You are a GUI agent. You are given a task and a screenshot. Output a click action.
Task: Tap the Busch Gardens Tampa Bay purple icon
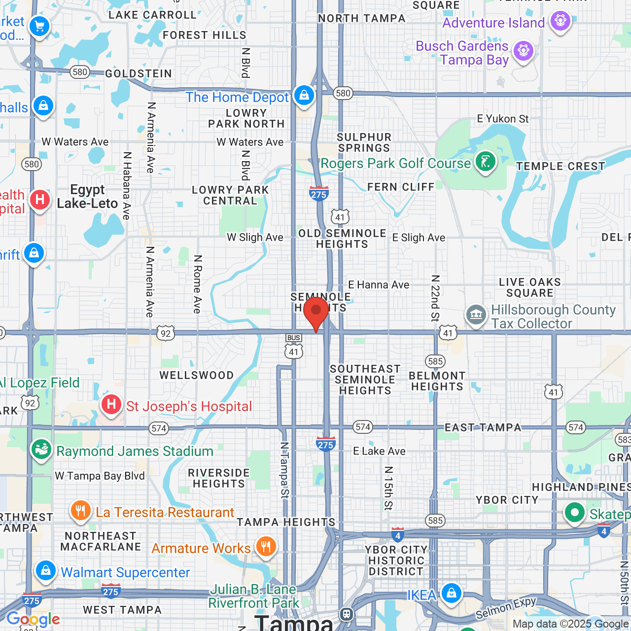point(523,51)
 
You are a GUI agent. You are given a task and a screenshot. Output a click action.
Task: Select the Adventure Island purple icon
point(561,21)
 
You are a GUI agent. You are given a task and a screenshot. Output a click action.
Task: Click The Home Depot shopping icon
point(304,95)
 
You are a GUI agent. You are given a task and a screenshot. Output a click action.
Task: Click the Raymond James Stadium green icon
point(41,449)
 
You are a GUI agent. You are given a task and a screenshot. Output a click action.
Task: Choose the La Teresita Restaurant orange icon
point(81,511)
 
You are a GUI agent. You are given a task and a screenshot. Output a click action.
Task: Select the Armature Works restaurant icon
point(266,546)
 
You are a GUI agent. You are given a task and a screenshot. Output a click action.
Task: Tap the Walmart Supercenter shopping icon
point(46,570)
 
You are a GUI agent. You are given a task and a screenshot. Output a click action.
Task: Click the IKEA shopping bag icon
point(451,593)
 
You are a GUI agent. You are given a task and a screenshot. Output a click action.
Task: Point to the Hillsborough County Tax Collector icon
point(476,314)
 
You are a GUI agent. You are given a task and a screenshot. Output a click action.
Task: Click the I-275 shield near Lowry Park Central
point(319,193)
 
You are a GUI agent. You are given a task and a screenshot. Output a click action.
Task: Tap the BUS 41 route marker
point(294,346)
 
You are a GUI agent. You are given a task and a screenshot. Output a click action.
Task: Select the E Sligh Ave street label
point(419,238)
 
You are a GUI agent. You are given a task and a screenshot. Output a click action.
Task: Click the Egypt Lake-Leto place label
point(87,197)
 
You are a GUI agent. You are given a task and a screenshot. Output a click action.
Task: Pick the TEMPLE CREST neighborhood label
point(561,166)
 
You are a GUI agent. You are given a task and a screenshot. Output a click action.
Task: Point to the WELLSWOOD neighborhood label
point(196,375)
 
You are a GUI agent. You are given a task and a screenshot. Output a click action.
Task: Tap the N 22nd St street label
point(435,298)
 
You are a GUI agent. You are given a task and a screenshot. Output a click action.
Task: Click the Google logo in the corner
point(34,619)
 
